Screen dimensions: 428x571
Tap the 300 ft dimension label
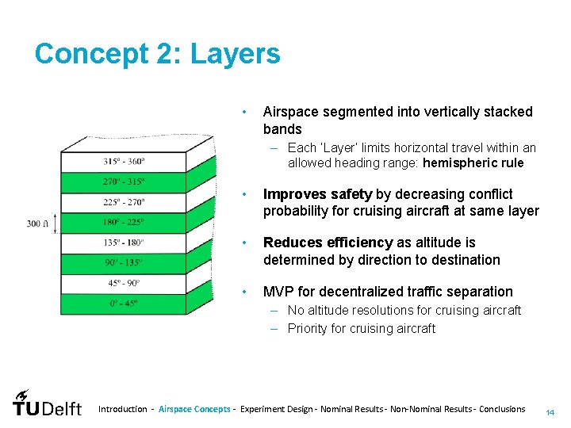[36, 224]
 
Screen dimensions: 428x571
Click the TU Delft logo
[47, 404]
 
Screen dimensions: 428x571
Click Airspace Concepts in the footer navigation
[194, 409]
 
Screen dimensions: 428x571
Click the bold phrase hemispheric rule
[473, 163]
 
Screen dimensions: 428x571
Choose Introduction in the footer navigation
[122, 409]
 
